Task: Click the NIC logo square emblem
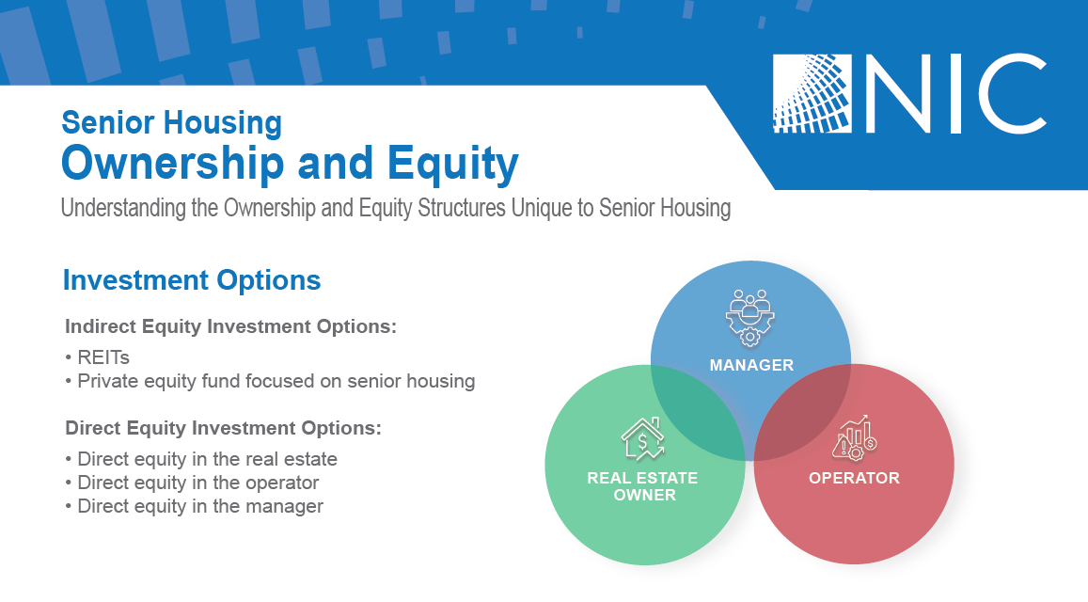click(812, 94)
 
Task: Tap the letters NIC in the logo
click(957, 94)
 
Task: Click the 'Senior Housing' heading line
click(172, 123)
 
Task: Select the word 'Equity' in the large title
click(452, 164)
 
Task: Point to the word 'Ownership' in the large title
click(173, 164)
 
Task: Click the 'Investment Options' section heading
click(192, 280)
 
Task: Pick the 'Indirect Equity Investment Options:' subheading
click(231, 326)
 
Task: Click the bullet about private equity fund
click(271, 381)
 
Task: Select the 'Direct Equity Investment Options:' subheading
click(224, 428)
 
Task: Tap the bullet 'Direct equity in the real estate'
click(201, 459)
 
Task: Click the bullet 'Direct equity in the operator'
click(192, 483)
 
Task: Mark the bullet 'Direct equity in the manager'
click(195, 506)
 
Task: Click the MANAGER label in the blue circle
click(751, 365)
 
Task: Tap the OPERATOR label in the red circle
click(854, 478)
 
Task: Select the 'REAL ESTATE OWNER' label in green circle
click(643, 486)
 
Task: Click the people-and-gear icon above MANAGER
click(750, 317)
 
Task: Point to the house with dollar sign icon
click(642, 439)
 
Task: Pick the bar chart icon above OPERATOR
click(854, 438)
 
